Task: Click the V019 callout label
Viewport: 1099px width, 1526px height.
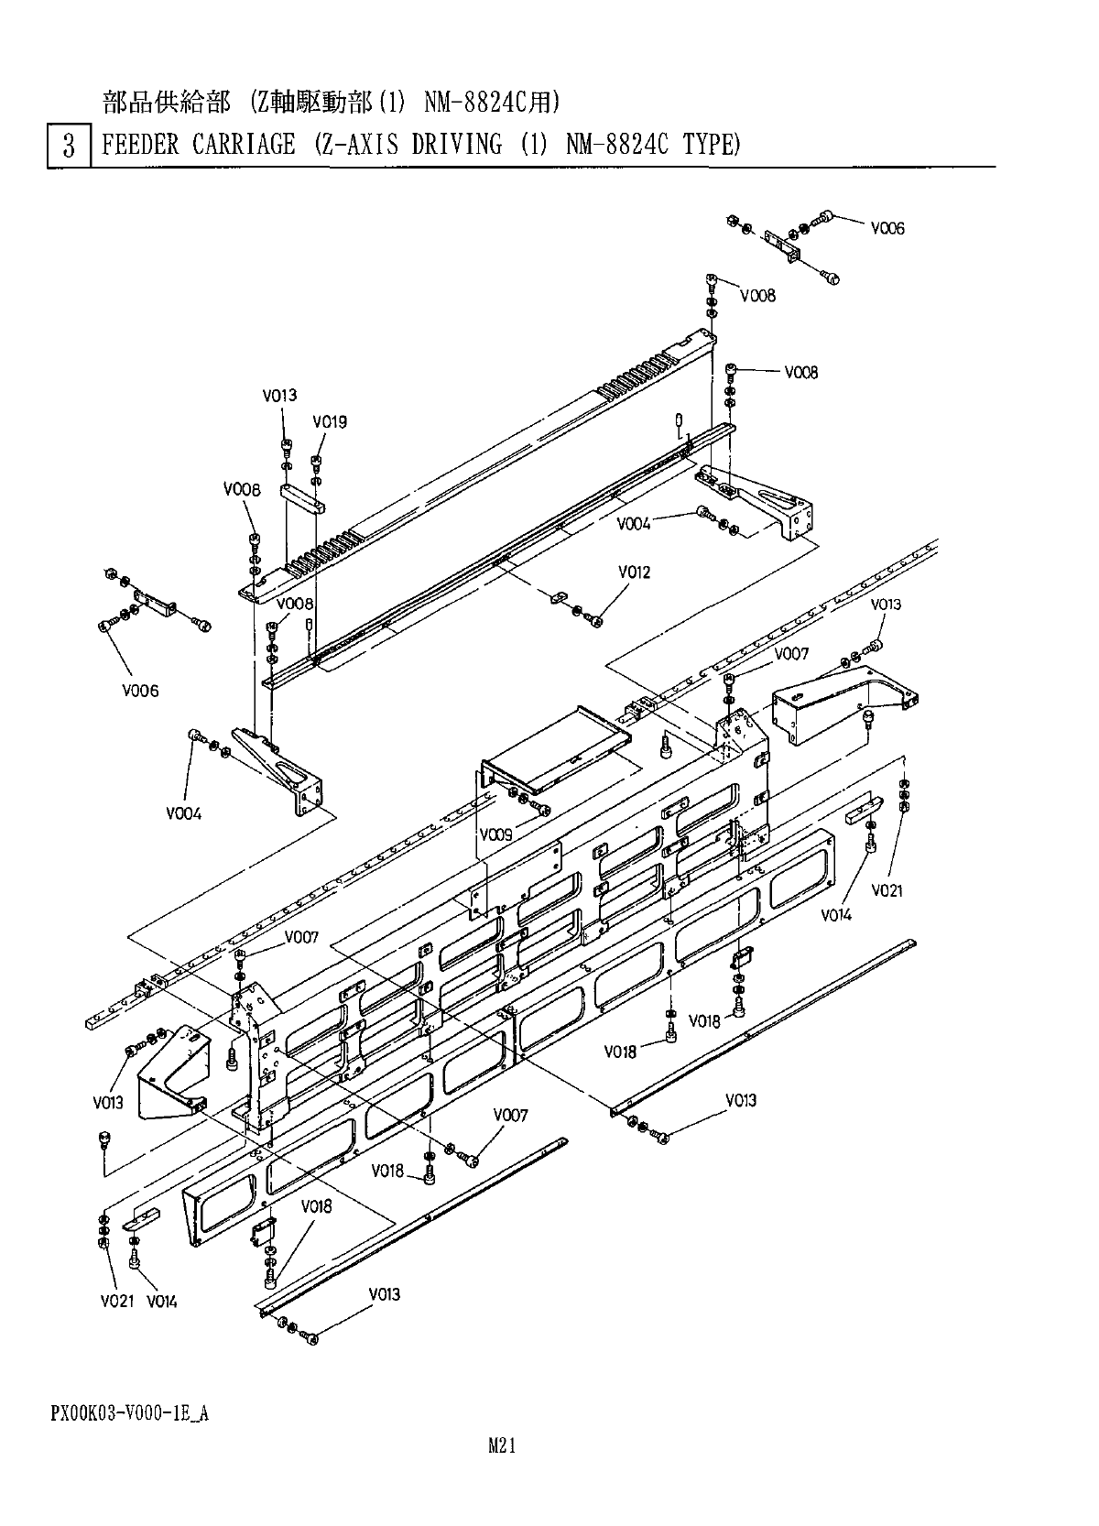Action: click(x=330, y=422)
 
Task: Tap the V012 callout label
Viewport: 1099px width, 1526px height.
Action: click(x=634, y=572)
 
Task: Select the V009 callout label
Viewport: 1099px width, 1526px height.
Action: click(x=496, y=834)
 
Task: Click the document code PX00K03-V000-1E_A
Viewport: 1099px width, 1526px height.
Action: click(x=129, y=1413)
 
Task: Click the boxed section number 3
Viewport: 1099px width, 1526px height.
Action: click(x=69, y=146)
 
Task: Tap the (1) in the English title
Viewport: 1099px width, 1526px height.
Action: click(x=534, y=145)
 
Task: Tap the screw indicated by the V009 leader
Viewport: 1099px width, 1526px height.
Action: click(x=541, y=809)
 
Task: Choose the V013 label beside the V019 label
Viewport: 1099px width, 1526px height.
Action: click(x=279, y=397)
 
